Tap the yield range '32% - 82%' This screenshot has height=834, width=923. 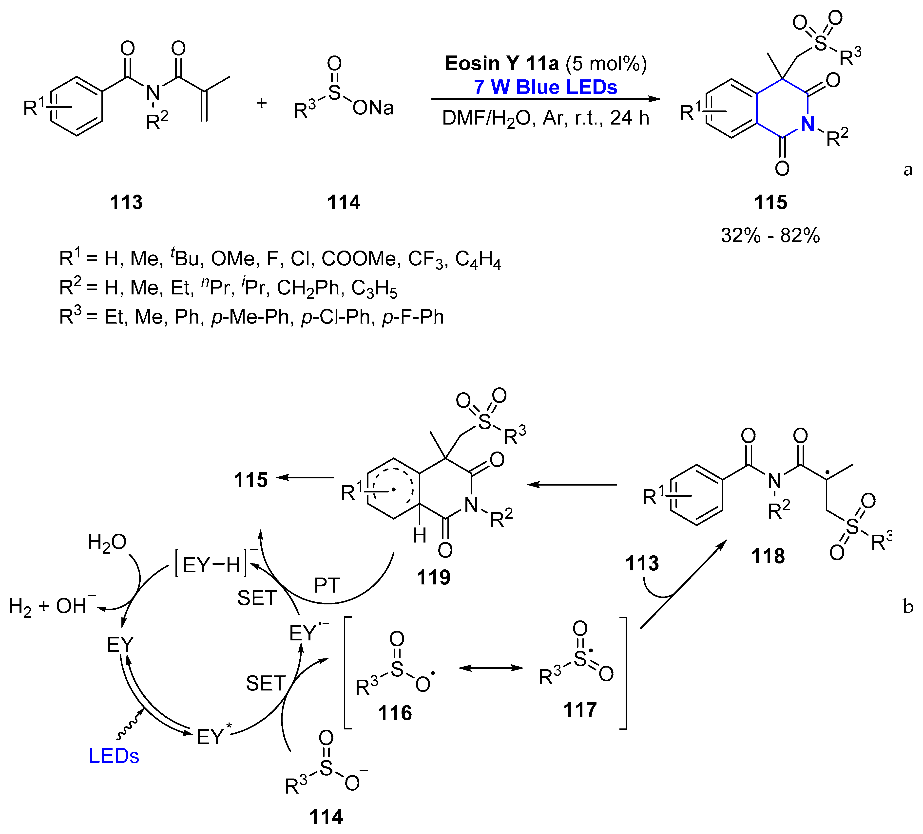770,236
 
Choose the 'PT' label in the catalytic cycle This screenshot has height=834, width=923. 327,586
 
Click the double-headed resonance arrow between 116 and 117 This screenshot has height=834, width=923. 491,668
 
